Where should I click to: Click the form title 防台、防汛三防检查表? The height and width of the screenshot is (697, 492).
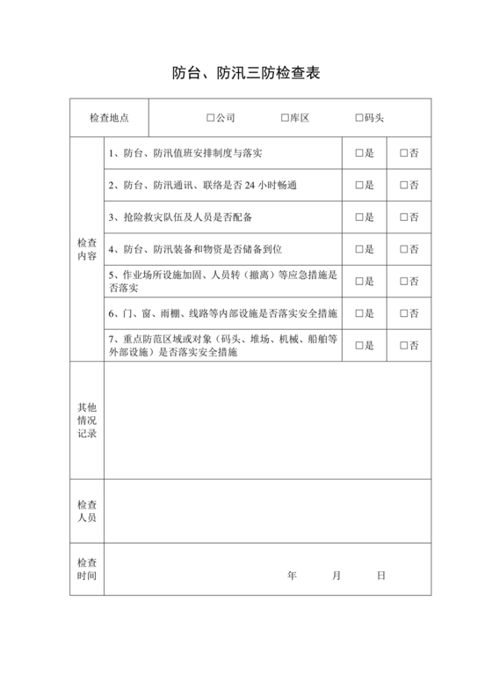click(245, 73)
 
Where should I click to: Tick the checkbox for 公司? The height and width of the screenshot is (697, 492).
click(211, 118)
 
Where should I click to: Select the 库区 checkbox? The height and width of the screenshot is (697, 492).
click(285, 118)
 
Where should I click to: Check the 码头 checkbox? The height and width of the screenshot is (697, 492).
click(359, 118)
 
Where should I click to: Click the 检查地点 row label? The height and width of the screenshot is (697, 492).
click(110, 118)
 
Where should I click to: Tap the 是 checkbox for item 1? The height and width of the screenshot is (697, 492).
click(359, 153)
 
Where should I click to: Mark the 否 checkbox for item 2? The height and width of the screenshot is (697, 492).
click(404, 185)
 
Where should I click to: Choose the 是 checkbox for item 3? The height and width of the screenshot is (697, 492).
click(359, 216)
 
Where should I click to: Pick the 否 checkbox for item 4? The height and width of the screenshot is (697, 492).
click(404, 249)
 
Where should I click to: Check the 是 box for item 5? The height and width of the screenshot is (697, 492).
click(359, 281)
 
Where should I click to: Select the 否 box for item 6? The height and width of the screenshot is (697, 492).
click(404, 313)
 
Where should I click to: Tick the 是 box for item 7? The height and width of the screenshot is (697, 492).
click(359, 345)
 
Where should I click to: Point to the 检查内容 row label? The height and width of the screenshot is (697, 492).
click(87, 249)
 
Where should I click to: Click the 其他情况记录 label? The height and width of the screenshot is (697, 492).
click(87, 420)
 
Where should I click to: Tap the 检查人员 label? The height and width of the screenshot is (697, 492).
click(87, 511)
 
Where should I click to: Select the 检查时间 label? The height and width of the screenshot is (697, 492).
click(87, 569)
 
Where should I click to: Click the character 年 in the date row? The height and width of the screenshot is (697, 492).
click(292, 576)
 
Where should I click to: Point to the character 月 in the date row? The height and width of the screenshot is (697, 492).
click(336, 576)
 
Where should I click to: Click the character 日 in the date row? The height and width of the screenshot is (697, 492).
click(381, 576)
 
